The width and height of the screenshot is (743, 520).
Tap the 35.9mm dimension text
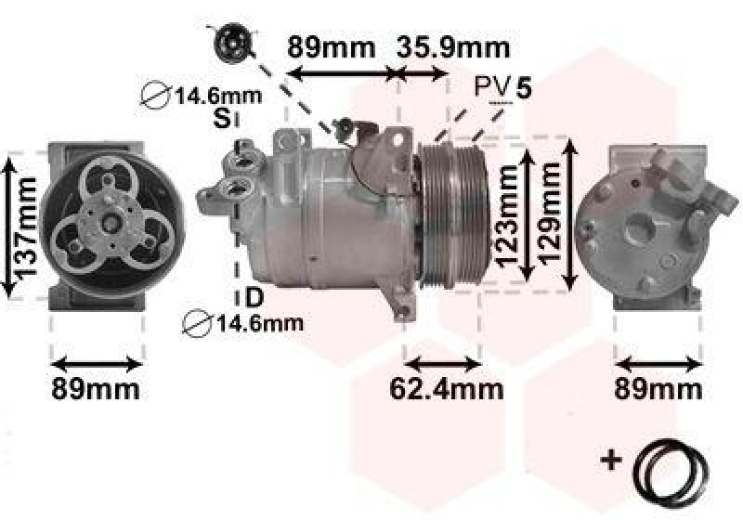point(453,45)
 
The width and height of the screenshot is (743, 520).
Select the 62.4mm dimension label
point(445,388)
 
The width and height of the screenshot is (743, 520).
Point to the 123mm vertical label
point(506,215)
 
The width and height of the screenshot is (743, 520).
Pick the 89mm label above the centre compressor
point(331,45)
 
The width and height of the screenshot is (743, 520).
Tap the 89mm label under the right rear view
point(658,388)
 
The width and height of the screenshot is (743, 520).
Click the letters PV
point(491,88)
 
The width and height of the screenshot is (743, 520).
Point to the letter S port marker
point(221,118)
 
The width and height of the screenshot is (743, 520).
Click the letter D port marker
point(253,298)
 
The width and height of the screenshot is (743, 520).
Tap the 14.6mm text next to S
point(217,94)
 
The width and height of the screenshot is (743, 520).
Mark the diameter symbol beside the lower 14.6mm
point(197,323)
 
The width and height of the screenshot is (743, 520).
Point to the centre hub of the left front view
point(109,222)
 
